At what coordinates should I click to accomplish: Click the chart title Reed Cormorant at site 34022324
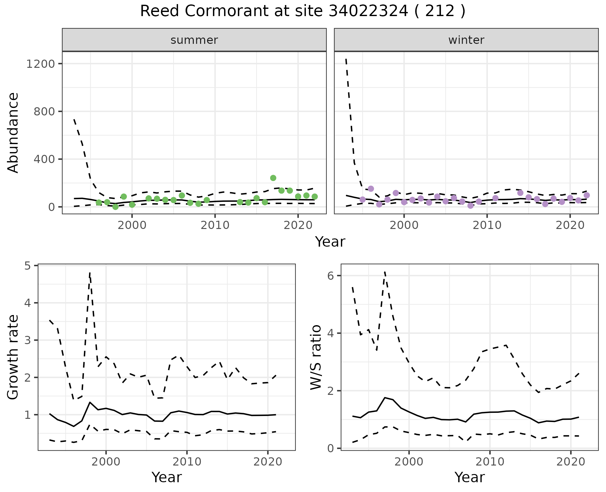pos(302,12)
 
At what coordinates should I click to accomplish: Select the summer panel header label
pos(194,40)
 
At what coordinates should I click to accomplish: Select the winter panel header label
pos(466,40)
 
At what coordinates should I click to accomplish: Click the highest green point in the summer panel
pos(273,178)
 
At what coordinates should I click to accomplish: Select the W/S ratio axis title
pos(316,357)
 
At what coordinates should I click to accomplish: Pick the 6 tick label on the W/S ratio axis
pos(330,276)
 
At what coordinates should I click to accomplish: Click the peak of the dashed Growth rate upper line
pos(90,272)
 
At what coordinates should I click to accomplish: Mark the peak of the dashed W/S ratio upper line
pos(385,272)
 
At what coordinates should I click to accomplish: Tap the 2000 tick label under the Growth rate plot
pos(106,462)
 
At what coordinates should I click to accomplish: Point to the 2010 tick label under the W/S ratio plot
pos(490,462)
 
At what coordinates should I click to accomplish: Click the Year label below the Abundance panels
pos(330,242)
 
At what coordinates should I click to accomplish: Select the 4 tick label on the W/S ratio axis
pos(330,333)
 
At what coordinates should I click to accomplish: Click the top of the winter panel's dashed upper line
pos(346,59)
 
